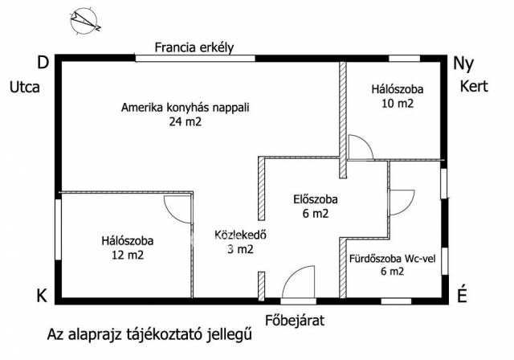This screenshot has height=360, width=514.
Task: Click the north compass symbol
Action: [x=84, y=21]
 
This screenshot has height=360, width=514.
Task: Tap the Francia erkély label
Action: [x=194, y=47]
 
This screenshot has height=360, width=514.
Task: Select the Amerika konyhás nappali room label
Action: [x=186, y=108]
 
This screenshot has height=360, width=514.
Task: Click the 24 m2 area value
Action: [x=186, y=122]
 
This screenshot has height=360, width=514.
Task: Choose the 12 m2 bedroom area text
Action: [x=128, y=255]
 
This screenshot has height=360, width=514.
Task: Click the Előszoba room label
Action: [x=316, y=199]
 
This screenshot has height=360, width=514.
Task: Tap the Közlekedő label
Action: [x=240, y=235]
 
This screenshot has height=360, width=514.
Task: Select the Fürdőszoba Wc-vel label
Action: [x=393, y=259]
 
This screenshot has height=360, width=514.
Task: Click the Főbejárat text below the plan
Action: [x=295, y=321]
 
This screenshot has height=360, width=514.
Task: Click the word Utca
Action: [x=25, y=88]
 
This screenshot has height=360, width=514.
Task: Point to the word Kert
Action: [x=474, y=86]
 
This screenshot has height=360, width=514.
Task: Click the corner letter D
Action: [x=43, y=63]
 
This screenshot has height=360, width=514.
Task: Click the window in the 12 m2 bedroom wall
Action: [x=58, y=229]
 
